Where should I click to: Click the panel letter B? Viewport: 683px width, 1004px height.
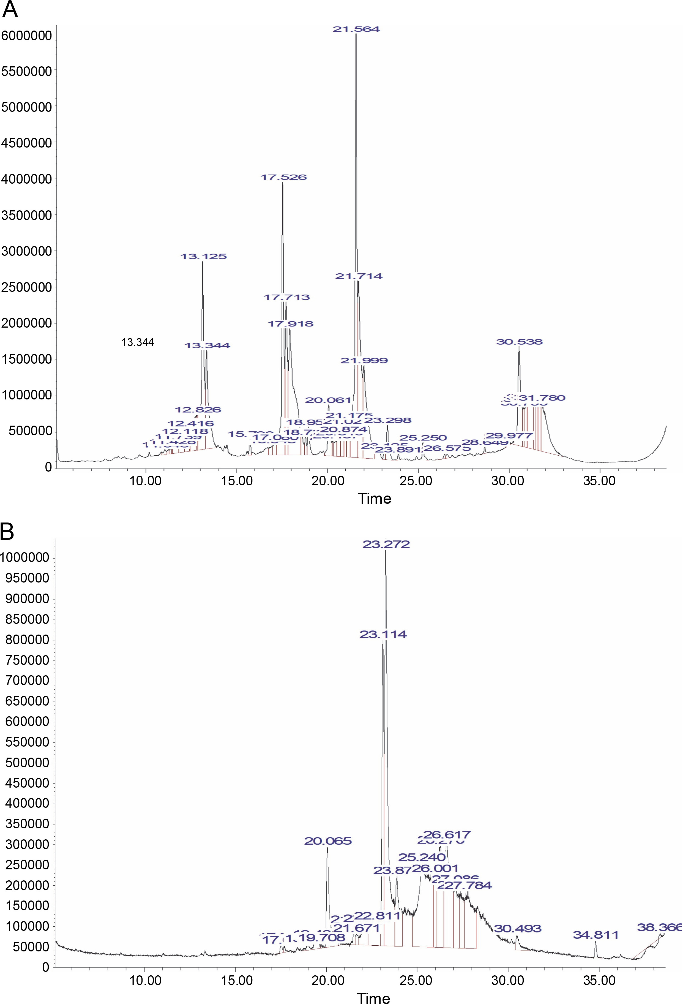tap(7, 532)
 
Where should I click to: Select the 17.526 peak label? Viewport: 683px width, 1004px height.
tap(283, 177)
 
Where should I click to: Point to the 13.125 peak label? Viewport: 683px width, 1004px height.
tap(203, 256)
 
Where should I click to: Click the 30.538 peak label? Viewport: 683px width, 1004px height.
tap(519, 342)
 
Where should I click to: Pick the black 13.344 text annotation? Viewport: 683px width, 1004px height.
tap(137, 342)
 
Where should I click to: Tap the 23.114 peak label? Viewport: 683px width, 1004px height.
tap(383, 634)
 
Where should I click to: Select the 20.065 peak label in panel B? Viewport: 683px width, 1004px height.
tap(328, 841)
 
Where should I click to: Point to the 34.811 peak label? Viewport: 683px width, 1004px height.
tap(596, 935)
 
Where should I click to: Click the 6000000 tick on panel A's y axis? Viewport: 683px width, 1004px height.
tap(26, 36)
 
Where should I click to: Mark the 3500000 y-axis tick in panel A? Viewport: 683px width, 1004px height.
tap(26, 215)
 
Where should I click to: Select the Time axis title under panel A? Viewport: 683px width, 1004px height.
tap(374, 499)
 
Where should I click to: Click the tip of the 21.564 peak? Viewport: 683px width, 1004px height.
tap(356, 34)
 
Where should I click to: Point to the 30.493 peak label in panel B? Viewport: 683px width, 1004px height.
tap(517, 928)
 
